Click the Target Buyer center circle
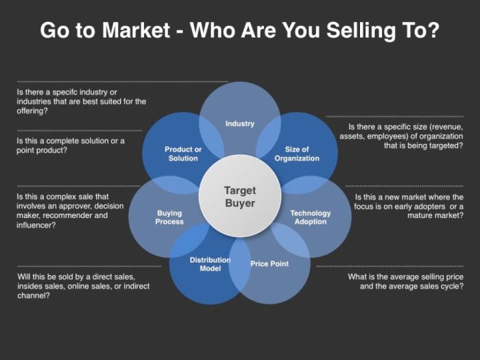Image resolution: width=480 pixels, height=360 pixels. [239, 196]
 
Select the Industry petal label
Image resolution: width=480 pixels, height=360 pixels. [239, 123]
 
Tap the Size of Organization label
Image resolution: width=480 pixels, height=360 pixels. [297, 154]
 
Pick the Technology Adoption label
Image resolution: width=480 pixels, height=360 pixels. [310, 217]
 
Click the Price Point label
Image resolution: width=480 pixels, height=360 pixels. [269, 263]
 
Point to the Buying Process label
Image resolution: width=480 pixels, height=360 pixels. [169, 217]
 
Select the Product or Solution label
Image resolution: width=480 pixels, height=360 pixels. [183, 154]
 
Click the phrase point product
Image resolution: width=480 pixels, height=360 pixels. [41, 149]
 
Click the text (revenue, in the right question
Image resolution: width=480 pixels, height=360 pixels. [446, 127]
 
